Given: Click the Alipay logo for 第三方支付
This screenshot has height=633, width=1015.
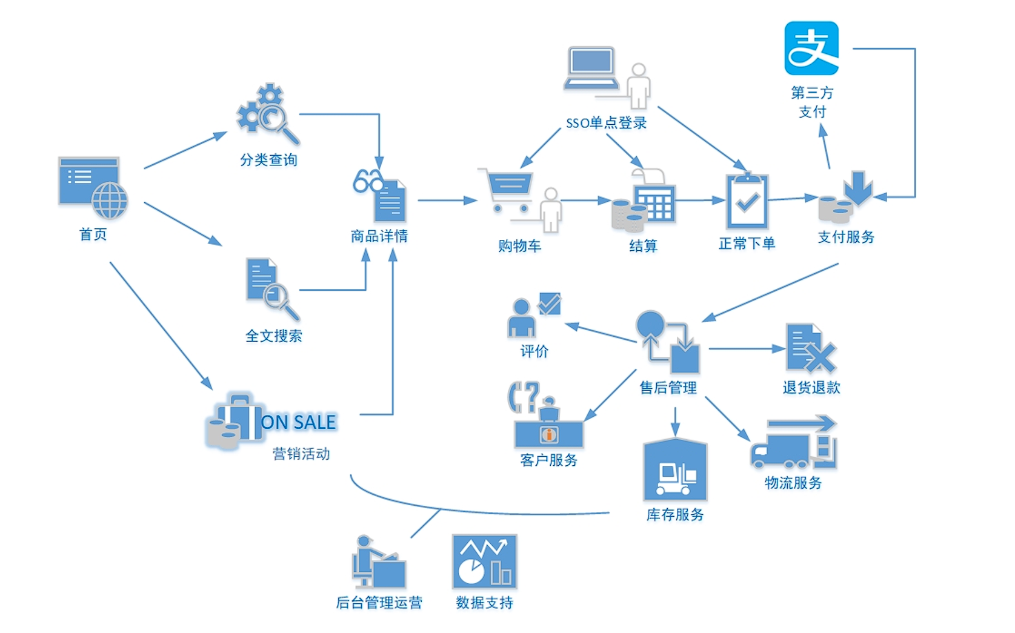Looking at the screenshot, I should click(811, 48).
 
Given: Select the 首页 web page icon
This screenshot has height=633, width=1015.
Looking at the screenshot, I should click(92, 187).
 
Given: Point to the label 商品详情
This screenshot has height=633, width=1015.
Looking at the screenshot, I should click(379, 236).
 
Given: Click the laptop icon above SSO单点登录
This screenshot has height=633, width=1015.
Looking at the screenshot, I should click(591, 69).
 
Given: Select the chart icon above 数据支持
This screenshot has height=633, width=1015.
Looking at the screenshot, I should click(484, 562).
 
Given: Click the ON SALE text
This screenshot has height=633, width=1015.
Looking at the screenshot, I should click(298, 422).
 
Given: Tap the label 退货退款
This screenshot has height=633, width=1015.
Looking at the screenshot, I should click(811, 388).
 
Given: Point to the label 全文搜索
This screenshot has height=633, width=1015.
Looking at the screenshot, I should click(274, 336).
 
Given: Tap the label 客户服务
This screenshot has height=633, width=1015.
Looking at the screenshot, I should click(549, 460).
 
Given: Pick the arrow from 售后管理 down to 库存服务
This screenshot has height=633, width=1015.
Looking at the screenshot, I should click(675, 422).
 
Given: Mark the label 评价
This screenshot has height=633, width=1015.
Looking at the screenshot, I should click(534, 351).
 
